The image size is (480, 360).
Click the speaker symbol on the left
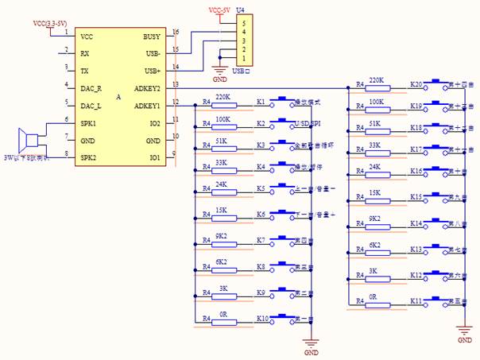pos(31,141)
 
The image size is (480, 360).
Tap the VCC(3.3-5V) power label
pos(50,23)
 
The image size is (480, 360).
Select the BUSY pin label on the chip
pos(151,37)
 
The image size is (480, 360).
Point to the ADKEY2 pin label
pos(147,88)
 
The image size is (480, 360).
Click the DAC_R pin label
pos(91,88)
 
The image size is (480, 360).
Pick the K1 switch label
pos(261,103)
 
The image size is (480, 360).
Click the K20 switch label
pos(415,83)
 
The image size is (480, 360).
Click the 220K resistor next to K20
pos(377,87)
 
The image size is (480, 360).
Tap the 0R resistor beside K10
pos(223,320)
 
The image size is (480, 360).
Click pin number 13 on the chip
pos(175,84)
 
